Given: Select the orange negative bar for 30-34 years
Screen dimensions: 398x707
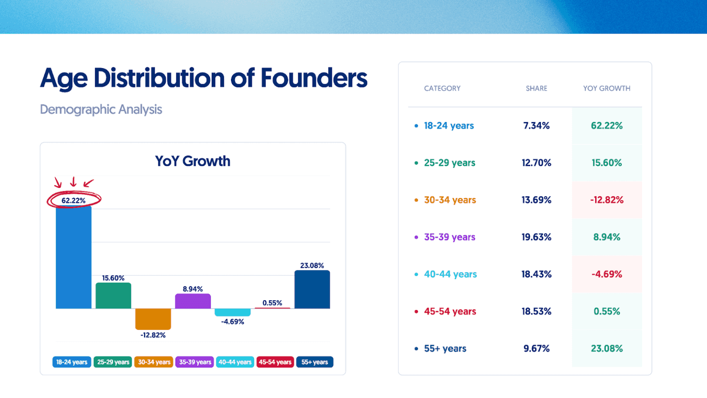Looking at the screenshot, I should coord(153,319).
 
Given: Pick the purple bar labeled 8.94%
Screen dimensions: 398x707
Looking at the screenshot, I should coord(193,301).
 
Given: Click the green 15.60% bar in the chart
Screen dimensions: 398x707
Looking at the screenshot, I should coord(113,296).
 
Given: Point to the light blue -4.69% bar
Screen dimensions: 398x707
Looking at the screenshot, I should coord(232,312).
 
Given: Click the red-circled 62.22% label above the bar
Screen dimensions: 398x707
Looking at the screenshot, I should coord(74,200).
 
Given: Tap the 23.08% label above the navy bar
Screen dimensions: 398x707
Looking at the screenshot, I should coord(312,265).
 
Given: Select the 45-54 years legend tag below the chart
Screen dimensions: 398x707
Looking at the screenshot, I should coord(275,362).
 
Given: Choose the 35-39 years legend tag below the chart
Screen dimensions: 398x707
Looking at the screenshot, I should coord(195,362).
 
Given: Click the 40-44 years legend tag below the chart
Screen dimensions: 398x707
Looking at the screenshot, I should coord(235,362).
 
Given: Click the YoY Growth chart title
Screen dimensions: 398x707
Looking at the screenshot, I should coord(192,161).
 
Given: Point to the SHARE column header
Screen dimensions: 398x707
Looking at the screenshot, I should coord(537,88).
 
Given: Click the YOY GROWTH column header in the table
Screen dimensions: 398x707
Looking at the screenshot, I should coord(607,88).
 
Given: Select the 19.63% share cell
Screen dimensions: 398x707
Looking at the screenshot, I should coord(537,237).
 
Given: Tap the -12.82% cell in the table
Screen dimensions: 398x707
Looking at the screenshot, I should coord(607,200).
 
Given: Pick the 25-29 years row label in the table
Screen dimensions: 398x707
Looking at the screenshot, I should coord(449,163).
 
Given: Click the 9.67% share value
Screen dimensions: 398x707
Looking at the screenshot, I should coord(537,349).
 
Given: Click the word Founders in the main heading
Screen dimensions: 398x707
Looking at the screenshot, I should coord(314,78).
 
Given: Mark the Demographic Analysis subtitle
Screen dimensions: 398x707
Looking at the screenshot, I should coord(101,110).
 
